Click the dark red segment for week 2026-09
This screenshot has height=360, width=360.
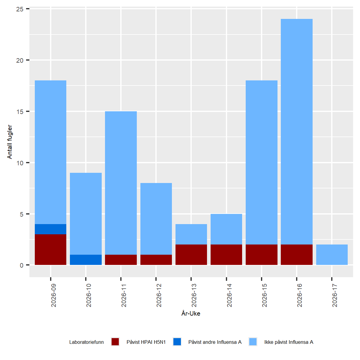[50, 250]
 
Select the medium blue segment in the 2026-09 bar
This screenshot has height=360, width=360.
[50, 229]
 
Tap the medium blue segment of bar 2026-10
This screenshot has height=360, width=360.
[86, 260]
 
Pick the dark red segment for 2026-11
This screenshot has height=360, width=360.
[121, 260]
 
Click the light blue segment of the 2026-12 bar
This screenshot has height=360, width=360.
[156, 219]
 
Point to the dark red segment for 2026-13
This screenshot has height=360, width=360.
[191, 255]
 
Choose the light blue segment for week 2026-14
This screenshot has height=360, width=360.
[226, 229]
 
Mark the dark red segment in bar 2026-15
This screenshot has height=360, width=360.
[262, 255]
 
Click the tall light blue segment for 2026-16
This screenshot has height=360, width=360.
[297, 132]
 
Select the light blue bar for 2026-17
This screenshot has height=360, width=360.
[332, 255]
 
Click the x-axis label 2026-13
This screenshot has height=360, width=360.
[194, 295]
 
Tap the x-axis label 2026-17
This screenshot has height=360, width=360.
[335, 295]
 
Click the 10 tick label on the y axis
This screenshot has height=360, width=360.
[20, 163]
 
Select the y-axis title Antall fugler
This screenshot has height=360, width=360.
[10, 142]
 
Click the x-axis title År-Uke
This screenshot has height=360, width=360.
[191, 313]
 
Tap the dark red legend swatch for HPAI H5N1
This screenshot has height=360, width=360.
[115, 342]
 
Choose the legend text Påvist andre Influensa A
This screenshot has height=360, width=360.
[215, 342]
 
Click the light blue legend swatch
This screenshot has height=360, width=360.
[253, 342]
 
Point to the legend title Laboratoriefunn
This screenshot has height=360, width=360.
[86, 342]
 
